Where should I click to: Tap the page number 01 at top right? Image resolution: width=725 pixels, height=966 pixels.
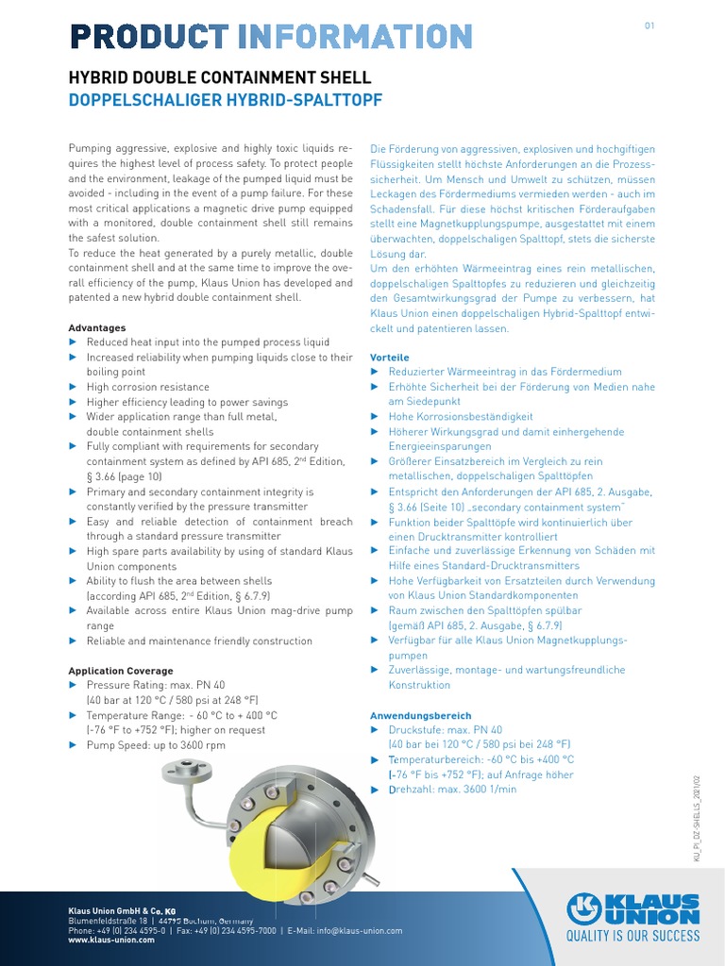tap(649, 25)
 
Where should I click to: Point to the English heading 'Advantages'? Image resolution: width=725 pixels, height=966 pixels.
tap(97, 327)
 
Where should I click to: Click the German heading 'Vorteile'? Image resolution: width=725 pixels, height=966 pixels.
tap(389, 358)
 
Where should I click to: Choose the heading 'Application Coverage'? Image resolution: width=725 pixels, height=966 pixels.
tap(121, 671)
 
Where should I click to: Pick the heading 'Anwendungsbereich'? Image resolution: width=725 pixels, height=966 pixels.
tap(420, 715)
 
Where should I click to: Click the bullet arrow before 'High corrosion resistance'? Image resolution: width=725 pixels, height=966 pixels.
tap(75, 387)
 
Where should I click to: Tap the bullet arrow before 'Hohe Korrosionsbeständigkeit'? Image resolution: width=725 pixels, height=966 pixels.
tap(375, 416)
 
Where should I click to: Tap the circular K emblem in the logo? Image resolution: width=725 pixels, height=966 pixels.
tap(584, 909)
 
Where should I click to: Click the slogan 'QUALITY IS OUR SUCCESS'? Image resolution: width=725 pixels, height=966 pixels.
tap(632, 936)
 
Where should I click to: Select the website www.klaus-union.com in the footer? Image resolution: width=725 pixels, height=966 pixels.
tap(111, 941)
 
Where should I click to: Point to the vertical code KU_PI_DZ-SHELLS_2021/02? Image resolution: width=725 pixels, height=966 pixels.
tap(698, 819)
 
